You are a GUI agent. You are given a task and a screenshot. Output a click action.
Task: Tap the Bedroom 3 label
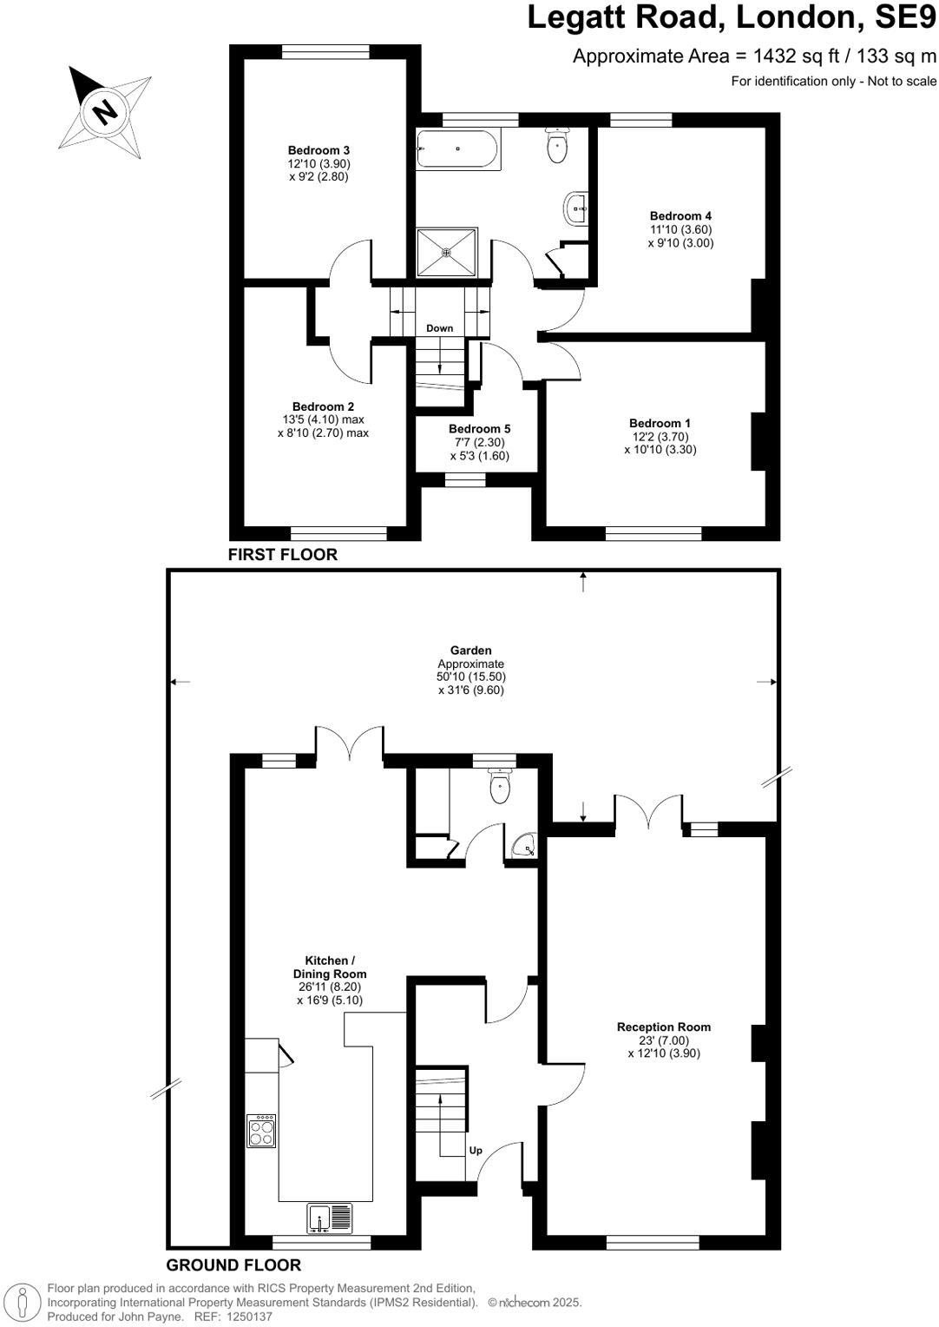pos(318,150)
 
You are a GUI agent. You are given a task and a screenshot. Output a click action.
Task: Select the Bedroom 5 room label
pos(479,429)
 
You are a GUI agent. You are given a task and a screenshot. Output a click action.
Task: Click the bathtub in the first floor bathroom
pos(457,149)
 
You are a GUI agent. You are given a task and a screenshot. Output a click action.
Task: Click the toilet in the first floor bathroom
pos(557,145)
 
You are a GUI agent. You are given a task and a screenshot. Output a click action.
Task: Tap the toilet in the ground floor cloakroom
pos(500,786)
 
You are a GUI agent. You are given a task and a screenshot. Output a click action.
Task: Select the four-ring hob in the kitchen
pos(262,1131)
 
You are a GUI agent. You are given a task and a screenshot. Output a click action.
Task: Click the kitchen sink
pos(330,1218)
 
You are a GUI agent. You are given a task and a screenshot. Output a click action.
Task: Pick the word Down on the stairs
pos(439,328)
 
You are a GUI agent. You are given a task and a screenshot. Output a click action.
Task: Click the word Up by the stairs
pos(476,1151)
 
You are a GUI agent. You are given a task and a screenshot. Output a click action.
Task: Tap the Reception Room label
pos(663,1027)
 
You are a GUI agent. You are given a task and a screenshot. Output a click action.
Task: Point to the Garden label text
pos(470,650)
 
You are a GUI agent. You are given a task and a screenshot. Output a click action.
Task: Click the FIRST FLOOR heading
pos(282,555)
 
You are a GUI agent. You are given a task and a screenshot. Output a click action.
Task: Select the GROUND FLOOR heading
pos(233,1265)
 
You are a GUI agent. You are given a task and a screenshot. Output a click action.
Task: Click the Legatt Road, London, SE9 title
pos(732,18)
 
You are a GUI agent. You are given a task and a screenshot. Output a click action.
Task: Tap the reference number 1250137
pos(249,1317)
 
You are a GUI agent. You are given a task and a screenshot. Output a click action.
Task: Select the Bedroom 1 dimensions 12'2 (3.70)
pos(660,437)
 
